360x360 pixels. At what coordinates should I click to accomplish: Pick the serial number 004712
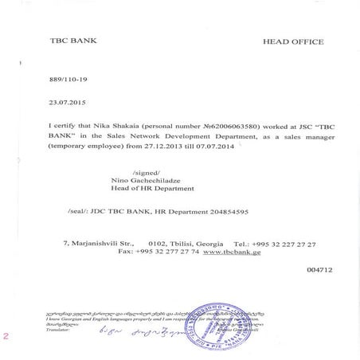pyautogui.click(x=318, y=270)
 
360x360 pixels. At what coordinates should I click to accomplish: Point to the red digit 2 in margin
pyautogui.click(x=6, y=336)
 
